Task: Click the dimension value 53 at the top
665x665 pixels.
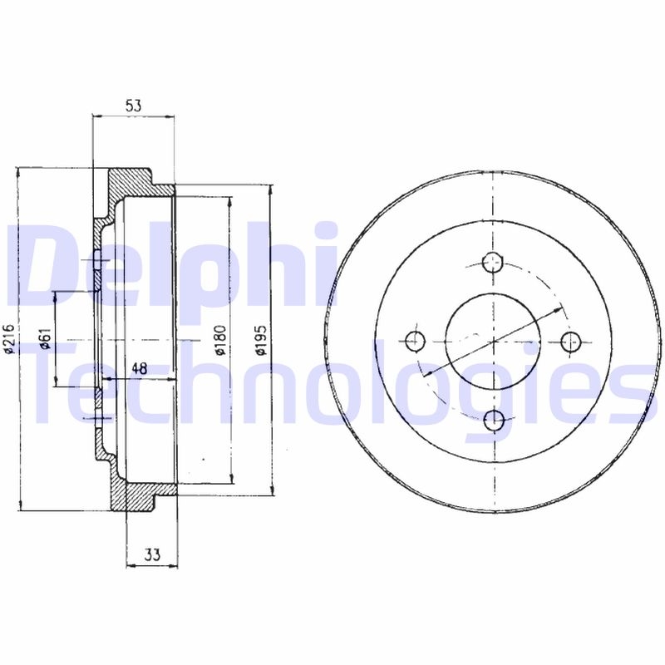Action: (133, 106)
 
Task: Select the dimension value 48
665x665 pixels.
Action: (140, 368)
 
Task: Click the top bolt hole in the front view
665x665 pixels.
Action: (494, 262)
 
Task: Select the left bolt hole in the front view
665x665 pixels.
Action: (415, 340)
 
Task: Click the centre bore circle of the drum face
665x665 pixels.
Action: (494, 341)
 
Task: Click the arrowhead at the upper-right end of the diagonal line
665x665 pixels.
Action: (558, 305)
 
